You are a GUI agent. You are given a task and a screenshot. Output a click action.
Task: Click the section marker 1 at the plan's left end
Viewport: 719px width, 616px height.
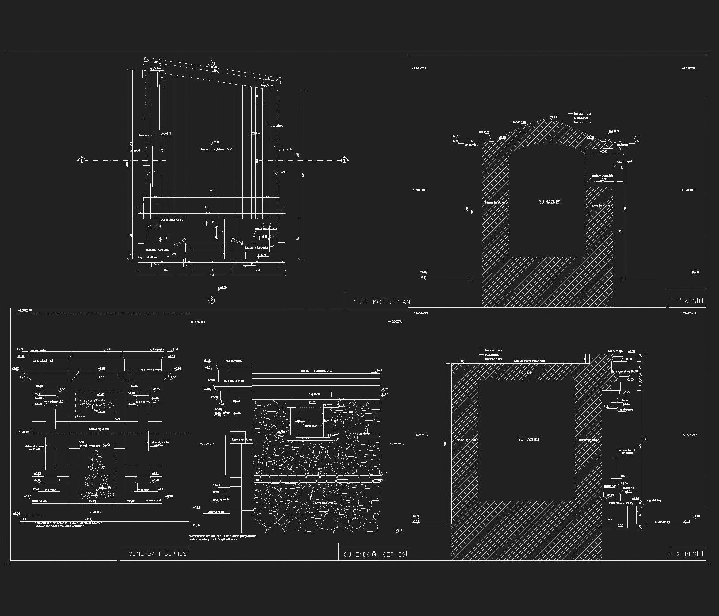(81, 160)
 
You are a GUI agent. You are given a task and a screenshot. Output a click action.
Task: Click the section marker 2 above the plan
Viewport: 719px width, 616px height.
(212, 63)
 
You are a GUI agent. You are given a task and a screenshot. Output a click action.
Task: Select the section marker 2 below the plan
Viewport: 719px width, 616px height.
(212, 300)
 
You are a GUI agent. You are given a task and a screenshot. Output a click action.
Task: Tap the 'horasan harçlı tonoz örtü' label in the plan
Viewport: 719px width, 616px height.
(217, 150)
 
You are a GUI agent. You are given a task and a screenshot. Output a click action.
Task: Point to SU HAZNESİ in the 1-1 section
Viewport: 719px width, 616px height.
(550, 202)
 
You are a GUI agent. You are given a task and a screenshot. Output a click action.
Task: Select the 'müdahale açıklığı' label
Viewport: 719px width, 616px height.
(602, 176)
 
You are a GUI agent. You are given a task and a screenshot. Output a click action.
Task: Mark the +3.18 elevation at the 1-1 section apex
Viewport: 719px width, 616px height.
(554, 117)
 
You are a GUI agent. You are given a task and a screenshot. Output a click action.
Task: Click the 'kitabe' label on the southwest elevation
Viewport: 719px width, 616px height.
(81, 416)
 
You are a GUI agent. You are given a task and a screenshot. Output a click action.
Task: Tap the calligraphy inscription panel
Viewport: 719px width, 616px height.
(97, 404)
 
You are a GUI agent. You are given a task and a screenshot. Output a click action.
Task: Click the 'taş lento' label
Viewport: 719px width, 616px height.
(327, 404)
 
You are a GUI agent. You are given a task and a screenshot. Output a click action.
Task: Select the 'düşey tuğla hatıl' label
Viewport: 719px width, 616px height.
(316, 473)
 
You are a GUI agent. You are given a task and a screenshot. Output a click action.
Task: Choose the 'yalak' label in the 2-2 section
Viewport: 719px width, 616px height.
(611, 519)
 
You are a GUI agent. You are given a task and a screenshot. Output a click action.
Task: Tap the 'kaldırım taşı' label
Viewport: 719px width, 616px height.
(662, 522)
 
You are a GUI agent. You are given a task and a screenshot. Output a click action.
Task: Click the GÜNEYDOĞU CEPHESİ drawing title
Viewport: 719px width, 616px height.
(375, 554)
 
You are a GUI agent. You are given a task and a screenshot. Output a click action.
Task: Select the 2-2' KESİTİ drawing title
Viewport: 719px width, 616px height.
(685, 554)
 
